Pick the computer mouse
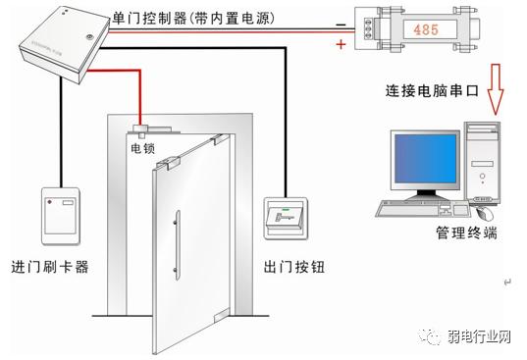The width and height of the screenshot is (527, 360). pos(484,211)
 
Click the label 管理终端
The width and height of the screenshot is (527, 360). pos(465,234)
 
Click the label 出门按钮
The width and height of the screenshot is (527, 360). pos(293,267)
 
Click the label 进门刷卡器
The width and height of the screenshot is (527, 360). pos(50,267)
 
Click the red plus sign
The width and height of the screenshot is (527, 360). pos(341,44)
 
